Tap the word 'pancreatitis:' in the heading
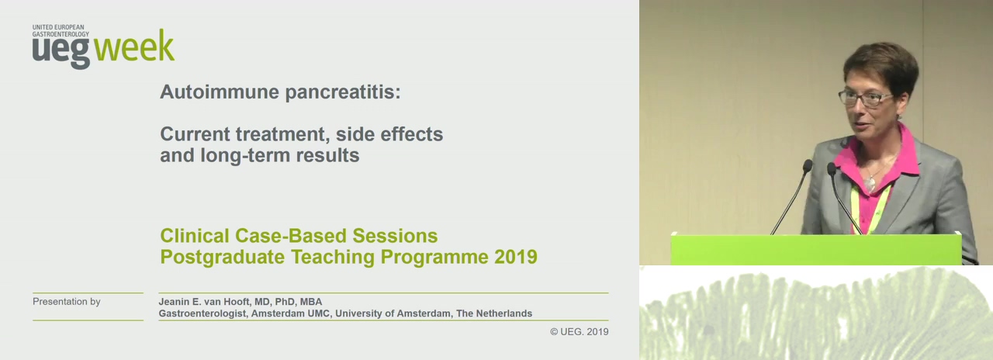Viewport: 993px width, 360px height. [343, 92]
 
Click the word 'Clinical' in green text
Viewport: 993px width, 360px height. [195, 236]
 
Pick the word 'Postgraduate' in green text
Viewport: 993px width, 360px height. [223, 257]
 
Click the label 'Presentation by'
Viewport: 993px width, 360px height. [67, 302]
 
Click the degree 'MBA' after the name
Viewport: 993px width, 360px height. [311, 302]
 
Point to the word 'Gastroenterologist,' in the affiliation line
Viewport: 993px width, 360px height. [203, 313]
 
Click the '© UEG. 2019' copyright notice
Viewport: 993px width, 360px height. [579, 331]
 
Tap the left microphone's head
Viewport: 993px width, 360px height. [808, 166]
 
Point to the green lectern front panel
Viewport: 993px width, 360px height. [815, 250]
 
